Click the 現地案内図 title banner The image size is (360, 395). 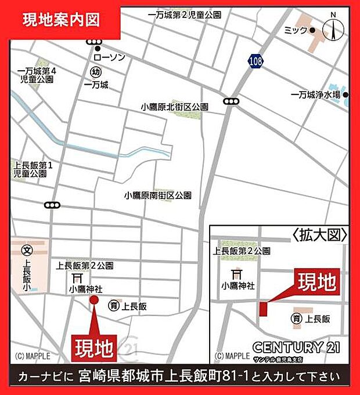point(61,20)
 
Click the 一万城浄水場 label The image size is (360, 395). point(315,95)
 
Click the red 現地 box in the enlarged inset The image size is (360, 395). point(317,282)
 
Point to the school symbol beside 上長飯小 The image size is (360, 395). point(27,251)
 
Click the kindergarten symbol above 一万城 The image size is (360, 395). point(96,72)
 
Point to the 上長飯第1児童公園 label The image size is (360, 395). point(34,169)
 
